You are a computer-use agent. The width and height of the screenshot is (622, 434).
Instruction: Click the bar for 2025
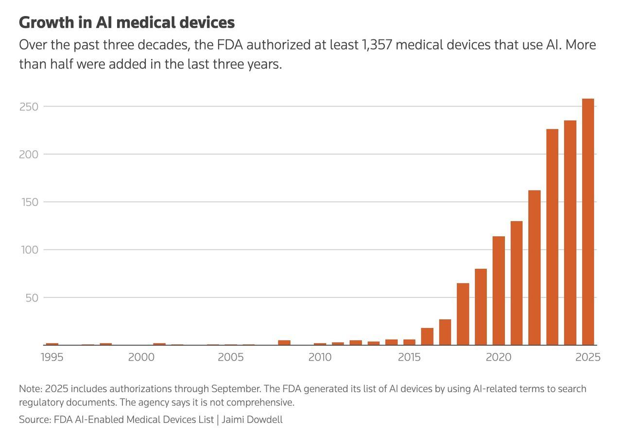(588, 222)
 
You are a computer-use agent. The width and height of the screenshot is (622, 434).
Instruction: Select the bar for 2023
(552, 237)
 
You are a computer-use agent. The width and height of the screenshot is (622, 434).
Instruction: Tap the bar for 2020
(499, 291)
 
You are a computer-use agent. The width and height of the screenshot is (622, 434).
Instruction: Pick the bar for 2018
(463, 314)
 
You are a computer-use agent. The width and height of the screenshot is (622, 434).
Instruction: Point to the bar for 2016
(427, 336)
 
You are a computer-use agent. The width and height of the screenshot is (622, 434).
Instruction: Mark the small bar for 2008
(284, 343)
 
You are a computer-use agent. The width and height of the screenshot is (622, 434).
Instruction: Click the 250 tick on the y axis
(29, 106)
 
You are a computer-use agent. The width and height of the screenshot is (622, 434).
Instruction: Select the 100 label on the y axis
(29, 250)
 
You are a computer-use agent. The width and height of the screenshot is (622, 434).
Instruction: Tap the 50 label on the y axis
(32, 297)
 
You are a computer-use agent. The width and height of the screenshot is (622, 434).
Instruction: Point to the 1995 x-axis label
(52, 357)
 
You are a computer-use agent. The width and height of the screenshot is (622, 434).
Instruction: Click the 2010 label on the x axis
(320, 357)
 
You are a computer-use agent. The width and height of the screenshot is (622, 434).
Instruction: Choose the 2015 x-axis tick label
(409, 357)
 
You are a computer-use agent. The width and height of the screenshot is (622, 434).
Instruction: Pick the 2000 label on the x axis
(141, 357)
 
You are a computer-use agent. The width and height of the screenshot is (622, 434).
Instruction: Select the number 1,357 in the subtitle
(377, 45)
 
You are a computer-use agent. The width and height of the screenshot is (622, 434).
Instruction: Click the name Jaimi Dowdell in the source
(252, 419)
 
